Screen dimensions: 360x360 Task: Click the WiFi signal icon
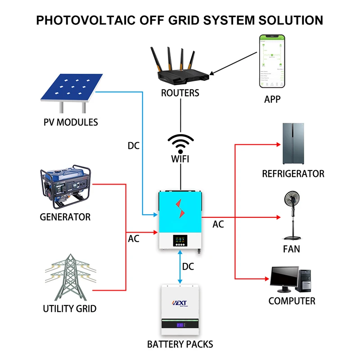point(180,144)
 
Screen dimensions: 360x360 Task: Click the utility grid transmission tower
point(69,276)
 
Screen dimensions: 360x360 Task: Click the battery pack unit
point(180,310)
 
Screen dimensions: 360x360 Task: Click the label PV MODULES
point(71,122)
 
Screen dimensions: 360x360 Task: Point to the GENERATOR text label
point(65,217)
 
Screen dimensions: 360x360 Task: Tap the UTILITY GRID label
point(69,309)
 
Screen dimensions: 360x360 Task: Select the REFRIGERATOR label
point(293,174)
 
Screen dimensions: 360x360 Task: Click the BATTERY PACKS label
point(180,345)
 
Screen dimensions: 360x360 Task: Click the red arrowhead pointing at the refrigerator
point(278,145)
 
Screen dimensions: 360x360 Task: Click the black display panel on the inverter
point(180,240)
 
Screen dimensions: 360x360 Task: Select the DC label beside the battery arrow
point(188,267)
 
